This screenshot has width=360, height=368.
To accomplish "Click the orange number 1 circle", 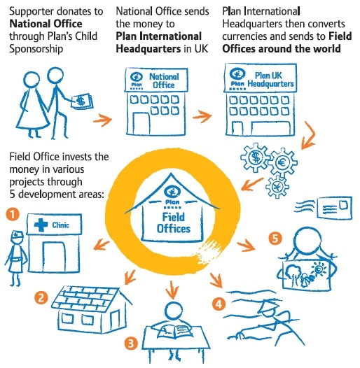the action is pos(13,214).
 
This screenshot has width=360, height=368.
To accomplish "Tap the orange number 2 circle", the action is pos(41,298).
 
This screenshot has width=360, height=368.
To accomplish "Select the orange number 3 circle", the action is pos(131,344).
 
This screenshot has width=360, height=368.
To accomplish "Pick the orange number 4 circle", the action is pos(219,304).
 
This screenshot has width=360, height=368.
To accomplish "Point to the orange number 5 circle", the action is pos(275,239).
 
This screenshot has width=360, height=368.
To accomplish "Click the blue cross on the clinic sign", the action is pos(41,225).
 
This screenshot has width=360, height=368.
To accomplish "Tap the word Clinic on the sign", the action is pos(61,225).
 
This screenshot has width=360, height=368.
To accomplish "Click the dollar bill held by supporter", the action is pos(82,101).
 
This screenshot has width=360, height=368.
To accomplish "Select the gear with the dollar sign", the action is pos(256,157).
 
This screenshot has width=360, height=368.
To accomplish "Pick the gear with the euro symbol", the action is pos(283,162).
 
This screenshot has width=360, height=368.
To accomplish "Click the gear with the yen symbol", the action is pos(277,187).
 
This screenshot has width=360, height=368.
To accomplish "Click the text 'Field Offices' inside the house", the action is pos(174,222).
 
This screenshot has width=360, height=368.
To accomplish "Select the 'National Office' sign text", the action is pos(164,80).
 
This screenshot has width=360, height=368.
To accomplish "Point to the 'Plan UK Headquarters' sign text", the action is pos(271,79).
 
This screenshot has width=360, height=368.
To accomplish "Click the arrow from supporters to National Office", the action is pos(103,120).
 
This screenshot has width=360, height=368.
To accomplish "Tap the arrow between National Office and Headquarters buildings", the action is pos(202,116).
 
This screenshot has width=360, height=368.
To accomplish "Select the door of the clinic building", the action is pos(54,257).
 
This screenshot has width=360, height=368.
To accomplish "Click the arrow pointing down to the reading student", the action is pos(172,290).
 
